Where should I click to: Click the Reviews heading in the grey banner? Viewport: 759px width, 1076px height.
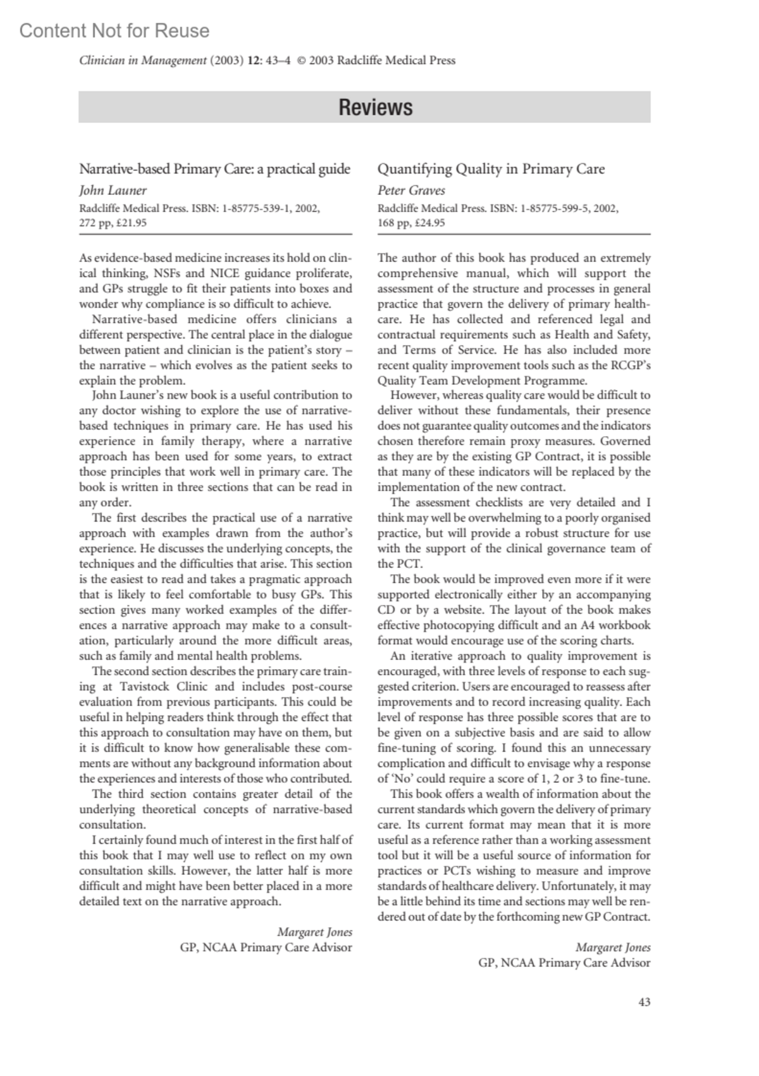point(375,107)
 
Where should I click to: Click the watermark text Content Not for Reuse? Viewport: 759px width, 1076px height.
point(114,30)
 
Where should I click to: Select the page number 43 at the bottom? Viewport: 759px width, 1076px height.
point(644,1002)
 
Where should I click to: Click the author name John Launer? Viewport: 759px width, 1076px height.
point(113,190)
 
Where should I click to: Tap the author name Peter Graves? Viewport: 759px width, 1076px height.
point(411,190)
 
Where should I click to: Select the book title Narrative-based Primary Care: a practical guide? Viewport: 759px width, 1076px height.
point(214,169)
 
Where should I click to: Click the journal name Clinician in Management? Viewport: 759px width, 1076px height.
point(143,61)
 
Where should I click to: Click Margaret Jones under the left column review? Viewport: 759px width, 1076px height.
point(314,932)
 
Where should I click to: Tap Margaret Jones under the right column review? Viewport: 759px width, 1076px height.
point(612,948)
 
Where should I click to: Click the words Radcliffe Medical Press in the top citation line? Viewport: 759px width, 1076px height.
point(396,61)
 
